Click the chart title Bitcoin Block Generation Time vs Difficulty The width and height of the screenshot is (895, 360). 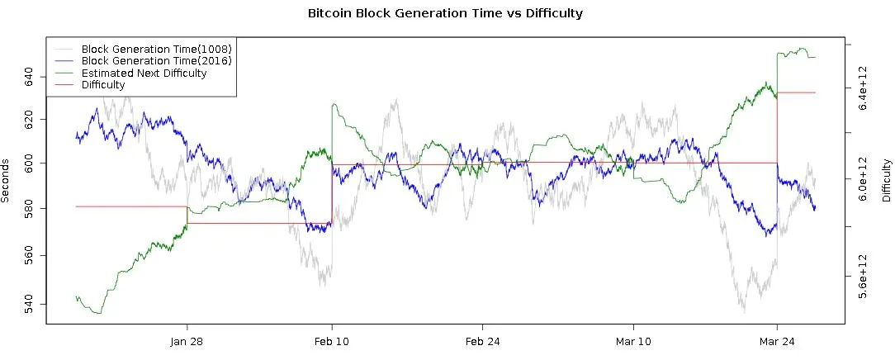click(x=445, y=13)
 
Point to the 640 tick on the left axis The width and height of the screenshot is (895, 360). click(x=30, y=78)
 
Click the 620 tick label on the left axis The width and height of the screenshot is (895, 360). click(x=30, y=121)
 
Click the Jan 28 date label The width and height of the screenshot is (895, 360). click(x=187, y=342)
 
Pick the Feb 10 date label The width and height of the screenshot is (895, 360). click(x=332, y=342)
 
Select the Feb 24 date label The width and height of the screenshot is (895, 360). click(x=482, y=342)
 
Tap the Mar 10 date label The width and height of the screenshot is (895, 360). click(x=632, y=342)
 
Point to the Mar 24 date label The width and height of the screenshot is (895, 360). click(x=777, y=342)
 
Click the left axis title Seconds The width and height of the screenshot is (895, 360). click(x=6, y=181)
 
